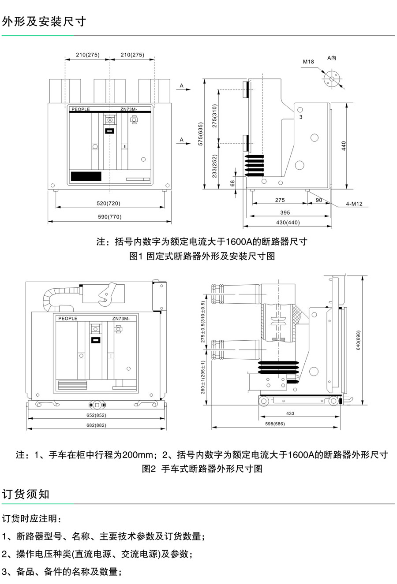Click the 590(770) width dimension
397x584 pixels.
point(109,216)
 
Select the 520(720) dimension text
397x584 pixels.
point(109,203)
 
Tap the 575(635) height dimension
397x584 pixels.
point(201,134)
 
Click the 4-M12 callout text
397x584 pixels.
point(354,204)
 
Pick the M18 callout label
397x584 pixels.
point(308,62)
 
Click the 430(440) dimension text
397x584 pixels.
point(288,223)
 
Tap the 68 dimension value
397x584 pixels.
point(233,182)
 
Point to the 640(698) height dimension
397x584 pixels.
point(358,340)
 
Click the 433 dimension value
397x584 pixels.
point(290,413)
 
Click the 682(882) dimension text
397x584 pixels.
point(97,425)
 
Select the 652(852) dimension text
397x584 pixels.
point(97,415)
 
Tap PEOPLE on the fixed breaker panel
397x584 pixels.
point(80,109)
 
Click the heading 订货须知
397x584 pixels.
point(26,494)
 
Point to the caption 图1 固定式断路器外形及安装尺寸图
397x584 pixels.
point(202,256)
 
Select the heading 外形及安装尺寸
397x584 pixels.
point(44,22)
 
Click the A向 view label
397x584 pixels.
point(332,58)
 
